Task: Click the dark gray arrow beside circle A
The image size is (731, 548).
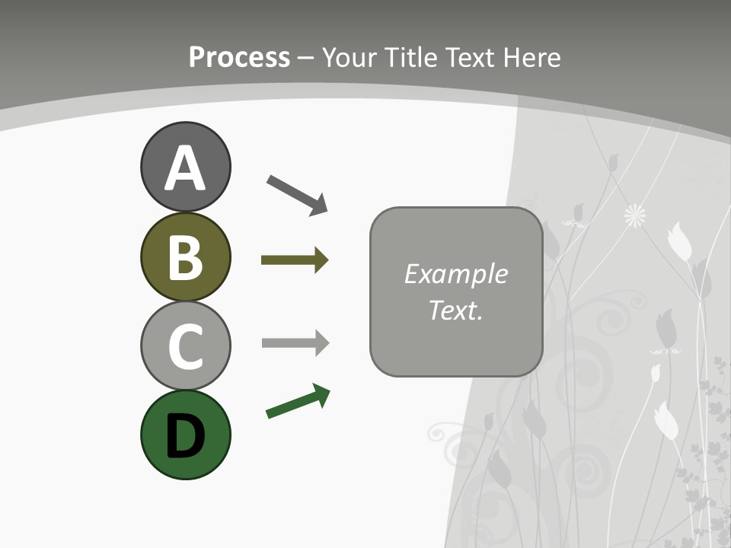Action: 297,194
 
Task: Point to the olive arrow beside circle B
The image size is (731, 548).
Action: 295,260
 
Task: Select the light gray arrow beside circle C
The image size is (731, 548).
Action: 295,342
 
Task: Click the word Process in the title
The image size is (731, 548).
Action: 239,57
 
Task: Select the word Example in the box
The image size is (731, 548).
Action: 455,274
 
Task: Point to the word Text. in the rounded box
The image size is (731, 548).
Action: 455,310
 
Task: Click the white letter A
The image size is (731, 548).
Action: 185,169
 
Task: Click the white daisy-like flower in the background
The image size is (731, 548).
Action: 635,216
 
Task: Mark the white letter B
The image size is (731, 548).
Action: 185,257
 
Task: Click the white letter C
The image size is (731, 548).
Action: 185,346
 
